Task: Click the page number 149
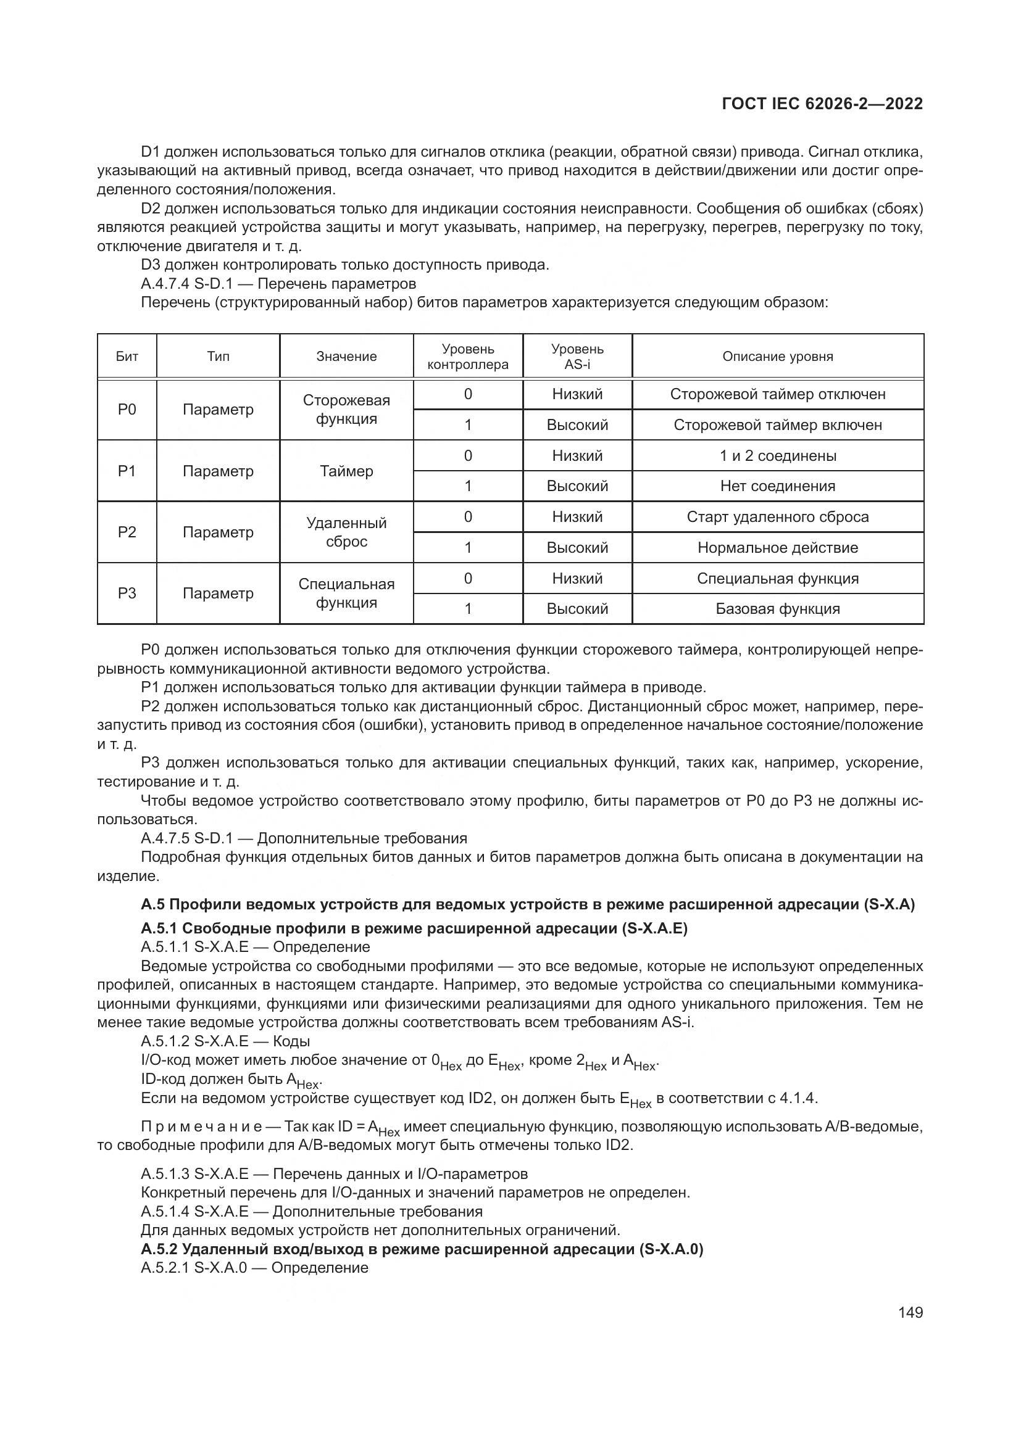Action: click(x=910, y=1312)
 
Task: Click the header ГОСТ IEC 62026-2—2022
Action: click(x=822, y=104)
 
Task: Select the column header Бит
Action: click(x=127, y=357)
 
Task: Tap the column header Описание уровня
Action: click(x=777, y=357)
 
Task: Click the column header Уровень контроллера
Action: click(x=467, y=357)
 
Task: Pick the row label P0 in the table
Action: click(x=127, y=409)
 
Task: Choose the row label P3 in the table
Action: click(x=127, y=593)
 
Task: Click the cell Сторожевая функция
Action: click(x=346, y=409)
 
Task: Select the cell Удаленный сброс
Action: click(x=346, y=532)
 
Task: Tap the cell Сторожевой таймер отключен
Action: click(x=777, y=394)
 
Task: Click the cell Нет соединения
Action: click(x=777, y=486)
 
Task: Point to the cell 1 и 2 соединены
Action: click(x=777, y=456)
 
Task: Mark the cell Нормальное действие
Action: click(x=777, y=547)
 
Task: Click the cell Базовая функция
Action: click(x=777, y=608)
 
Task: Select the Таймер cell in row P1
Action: click(x=346, y=471)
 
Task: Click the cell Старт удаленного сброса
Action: click(x=777, y=516)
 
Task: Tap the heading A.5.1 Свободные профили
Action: click(x=414, y=928)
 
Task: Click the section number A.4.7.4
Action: click(x=165, y=283)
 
